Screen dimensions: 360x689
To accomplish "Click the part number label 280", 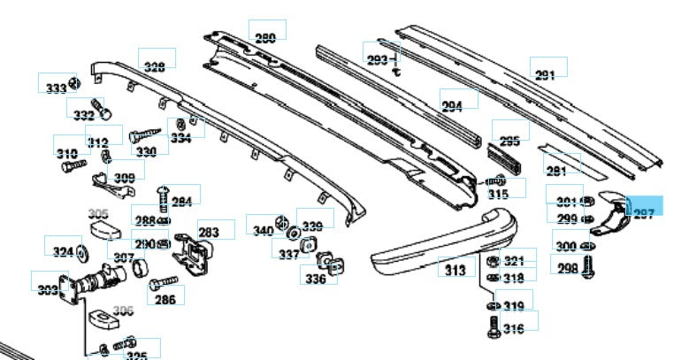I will coord(264,38).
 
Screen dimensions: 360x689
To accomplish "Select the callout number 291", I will coord(546,74).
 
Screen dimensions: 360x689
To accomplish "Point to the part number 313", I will coord(456,270).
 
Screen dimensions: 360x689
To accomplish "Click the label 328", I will coord(155,67).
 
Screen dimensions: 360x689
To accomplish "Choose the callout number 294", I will coord(452,105).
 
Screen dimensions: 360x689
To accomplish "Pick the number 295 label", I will coord(509,141).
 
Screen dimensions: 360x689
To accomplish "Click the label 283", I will coord(209,233).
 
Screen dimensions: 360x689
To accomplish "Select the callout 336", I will coord(316,280).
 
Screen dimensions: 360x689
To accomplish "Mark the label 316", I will coord(514,329).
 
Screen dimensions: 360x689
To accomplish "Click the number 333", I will coord(56,88).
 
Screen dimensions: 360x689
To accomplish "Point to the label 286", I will coord(165,299).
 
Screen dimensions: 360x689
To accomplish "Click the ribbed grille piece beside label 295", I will coord(506,162).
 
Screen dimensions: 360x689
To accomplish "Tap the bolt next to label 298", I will coord(588,268).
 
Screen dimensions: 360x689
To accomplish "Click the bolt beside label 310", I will coord(77,164).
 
